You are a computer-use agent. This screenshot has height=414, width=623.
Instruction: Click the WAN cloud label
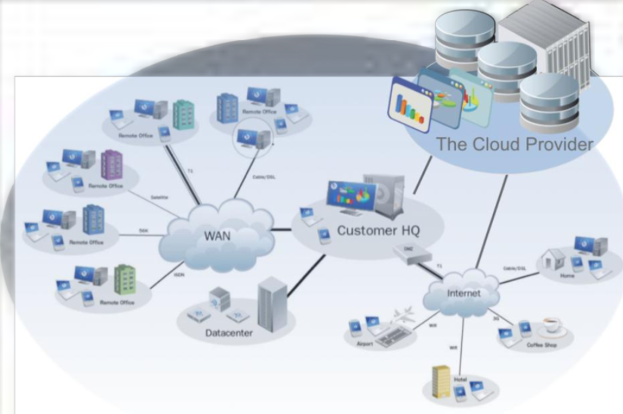pyautogui.click(x=217, y=236)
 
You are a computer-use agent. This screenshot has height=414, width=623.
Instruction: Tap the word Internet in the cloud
pyautogui.click(x=464, y=293)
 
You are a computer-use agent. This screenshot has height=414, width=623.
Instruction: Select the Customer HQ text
pyautogui.click(x=378, y=230)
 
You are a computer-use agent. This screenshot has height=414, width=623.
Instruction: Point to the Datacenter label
pyautogui.click(x=229, y=333)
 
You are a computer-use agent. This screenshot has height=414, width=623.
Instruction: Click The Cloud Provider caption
pyautogui.click(x=514, y=144)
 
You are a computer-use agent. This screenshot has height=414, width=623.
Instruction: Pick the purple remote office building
pyautogui.click(x=112, y=164)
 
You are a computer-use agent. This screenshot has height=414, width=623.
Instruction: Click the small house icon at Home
pyautogui.click(x=554, y=260)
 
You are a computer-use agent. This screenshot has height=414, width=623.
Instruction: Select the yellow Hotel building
pyautogui.click(x=441, y=381)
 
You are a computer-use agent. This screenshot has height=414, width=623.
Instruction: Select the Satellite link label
pyautogui.click(x=160, y=197)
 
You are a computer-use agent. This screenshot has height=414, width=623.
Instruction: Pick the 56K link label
pyautogui.click(x=144, y=230)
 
